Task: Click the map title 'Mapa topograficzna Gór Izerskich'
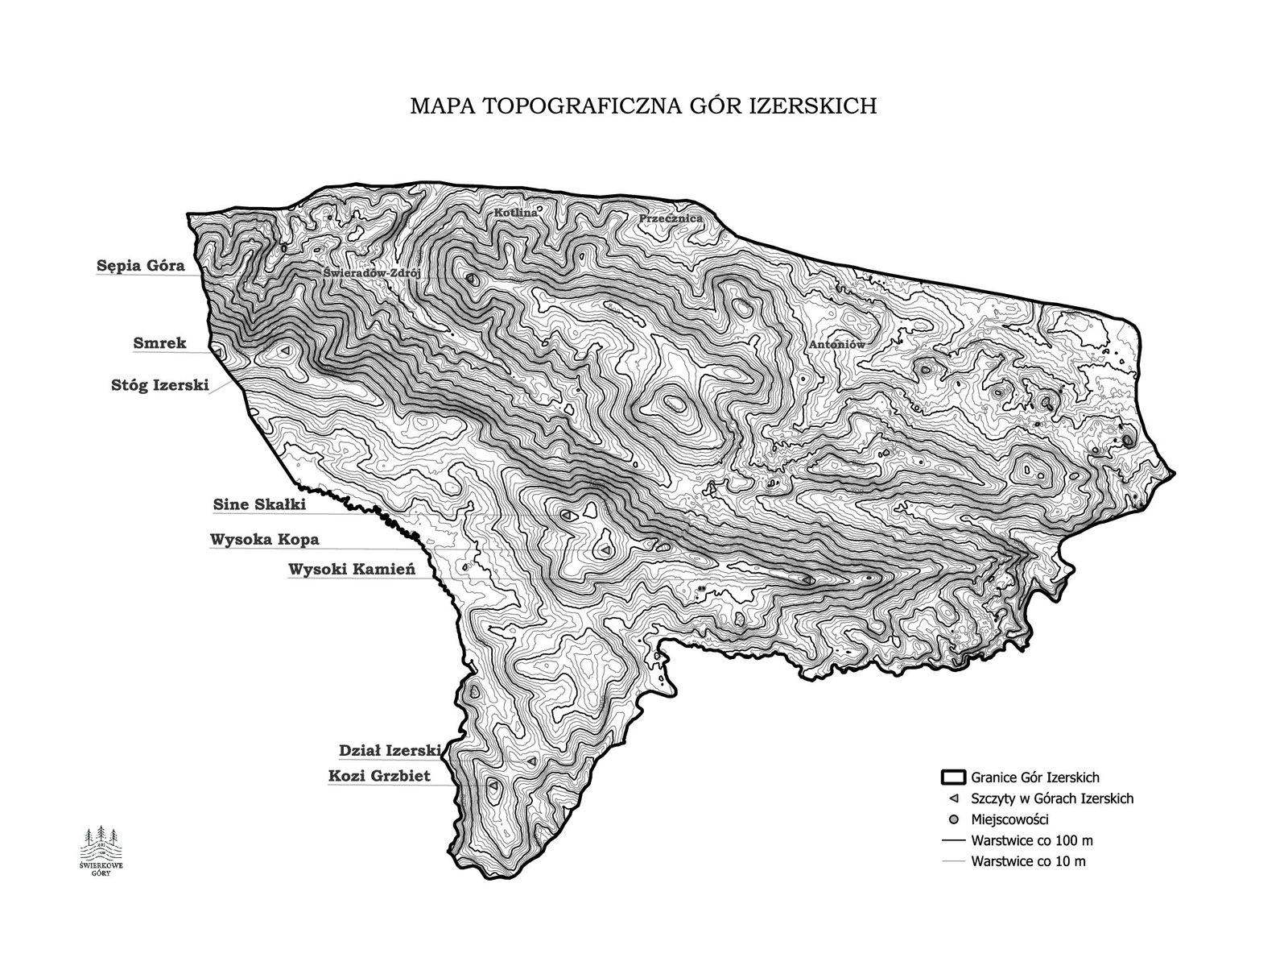click(x=643, y=106)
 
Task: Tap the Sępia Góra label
click(x=141, y=265)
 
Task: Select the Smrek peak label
click(x=159, y=343)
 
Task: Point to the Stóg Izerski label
click(x=159, y=385)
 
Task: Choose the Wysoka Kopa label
click(x=264, y=539)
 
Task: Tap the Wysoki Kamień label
click(x=351, y=570)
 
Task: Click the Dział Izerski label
click(x=390, y=750)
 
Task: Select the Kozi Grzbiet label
click(x=379, y=777)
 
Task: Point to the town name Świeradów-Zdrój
click(x=373, y=272)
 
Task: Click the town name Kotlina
click(x=515, y=213)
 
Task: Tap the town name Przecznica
click(x=671, y=218)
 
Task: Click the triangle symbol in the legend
click(x=953, y=799)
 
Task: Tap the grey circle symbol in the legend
click(x=953, y=819)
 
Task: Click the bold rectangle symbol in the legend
click(x=953, y=777)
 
